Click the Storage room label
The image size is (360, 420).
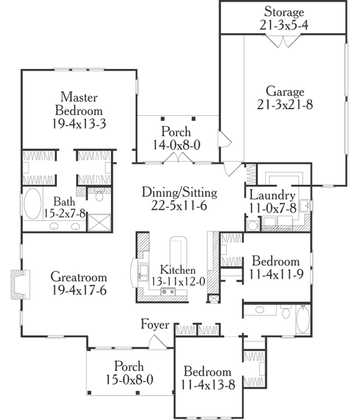coord(285,12)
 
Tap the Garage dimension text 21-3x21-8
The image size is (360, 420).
coord(285,104)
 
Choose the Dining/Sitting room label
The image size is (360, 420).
coord(179,193)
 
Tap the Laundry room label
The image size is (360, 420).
coord(272,196)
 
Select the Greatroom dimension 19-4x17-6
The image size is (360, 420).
coord(79,290)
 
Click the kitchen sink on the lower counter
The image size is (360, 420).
coord(169,292)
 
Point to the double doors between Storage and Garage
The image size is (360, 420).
coord(282,41)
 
